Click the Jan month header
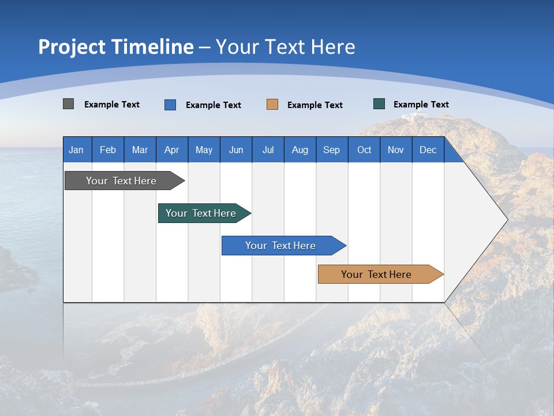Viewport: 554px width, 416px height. coord(76,150)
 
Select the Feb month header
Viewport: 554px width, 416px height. coord(108,150)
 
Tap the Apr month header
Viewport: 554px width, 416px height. coord(171,150)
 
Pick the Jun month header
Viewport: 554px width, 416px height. coord(236,150)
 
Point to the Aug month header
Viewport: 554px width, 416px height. coord(300,150)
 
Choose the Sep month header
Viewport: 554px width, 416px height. coord(331,150)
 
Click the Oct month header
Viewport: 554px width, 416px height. coord(364,150)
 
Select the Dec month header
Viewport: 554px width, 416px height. coord(428,150)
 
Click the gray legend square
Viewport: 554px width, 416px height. coord(68,104)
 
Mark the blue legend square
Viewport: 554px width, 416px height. coord(170,105)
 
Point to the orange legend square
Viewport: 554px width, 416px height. coord(272,105)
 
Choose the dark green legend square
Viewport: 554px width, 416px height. coord(379,104)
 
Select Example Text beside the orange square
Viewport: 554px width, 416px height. coord(315,105)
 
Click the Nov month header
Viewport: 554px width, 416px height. coord(395,150)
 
